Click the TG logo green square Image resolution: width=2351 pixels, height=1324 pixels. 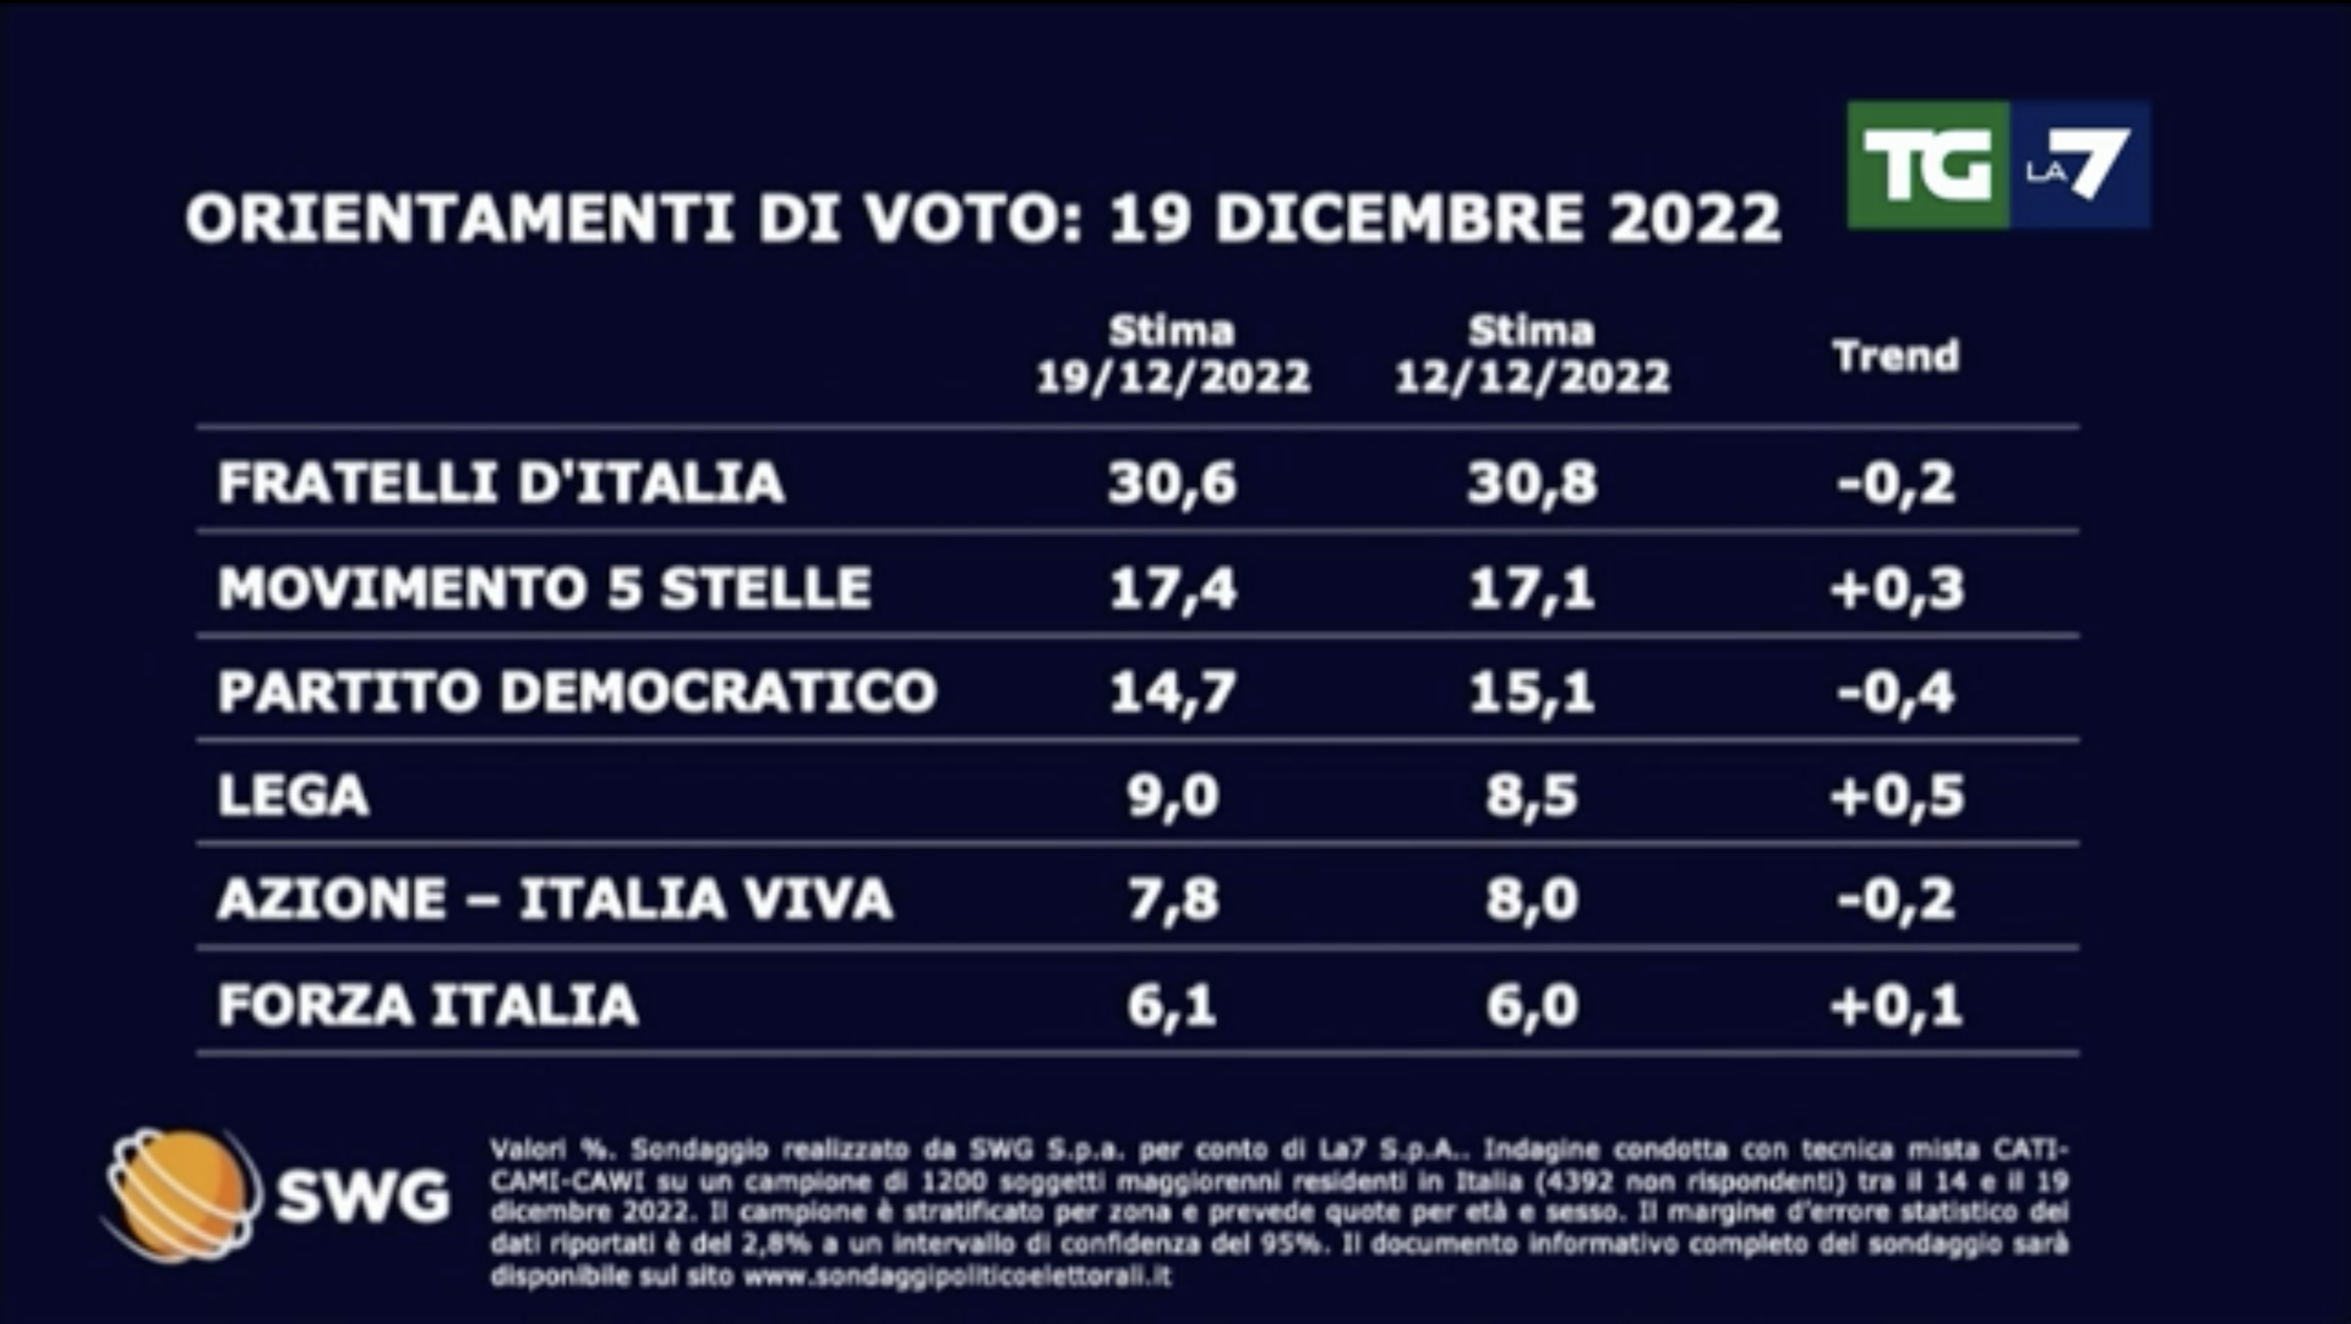pos(1927,165)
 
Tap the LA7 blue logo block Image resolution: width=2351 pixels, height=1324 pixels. pos(2080,165)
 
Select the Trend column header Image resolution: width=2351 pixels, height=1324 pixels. pos(1896,356)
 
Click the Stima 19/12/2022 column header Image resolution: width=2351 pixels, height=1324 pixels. pos(1173,354)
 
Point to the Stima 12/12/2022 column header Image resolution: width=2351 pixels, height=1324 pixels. pos(1531,354)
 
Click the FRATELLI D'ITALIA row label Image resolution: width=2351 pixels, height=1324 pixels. pos(501,482)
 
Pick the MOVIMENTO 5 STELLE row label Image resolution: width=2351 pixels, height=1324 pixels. pos(544,587)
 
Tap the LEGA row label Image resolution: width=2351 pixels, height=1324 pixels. pos(293,796)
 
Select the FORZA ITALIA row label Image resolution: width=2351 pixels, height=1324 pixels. pos(427,1005)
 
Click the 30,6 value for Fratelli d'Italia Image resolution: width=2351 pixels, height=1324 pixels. pos(1173,482)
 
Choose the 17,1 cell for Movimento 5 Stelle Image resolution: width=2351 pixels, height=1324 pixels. pos(1531,587)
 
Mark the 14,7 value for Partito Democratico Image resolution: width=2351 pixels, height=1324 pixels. pos(1173,691)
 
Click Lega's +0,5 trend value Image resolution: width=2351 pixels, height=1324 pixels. pos(1896,796)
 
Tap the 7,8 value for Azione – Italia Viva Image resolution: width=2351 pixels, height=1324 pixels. pos(1173,900)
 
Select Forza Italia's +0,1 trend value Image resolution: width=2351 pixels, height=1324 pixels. pos(1896,1005)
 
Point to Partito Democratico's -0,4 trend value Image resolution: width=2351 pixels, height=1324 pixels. pos(1896,691)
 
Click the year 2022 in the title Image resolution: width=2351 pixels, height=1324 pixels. pos(1694,219)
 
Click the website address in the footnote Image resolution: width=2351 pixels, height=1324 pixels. pos(957,1277)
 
